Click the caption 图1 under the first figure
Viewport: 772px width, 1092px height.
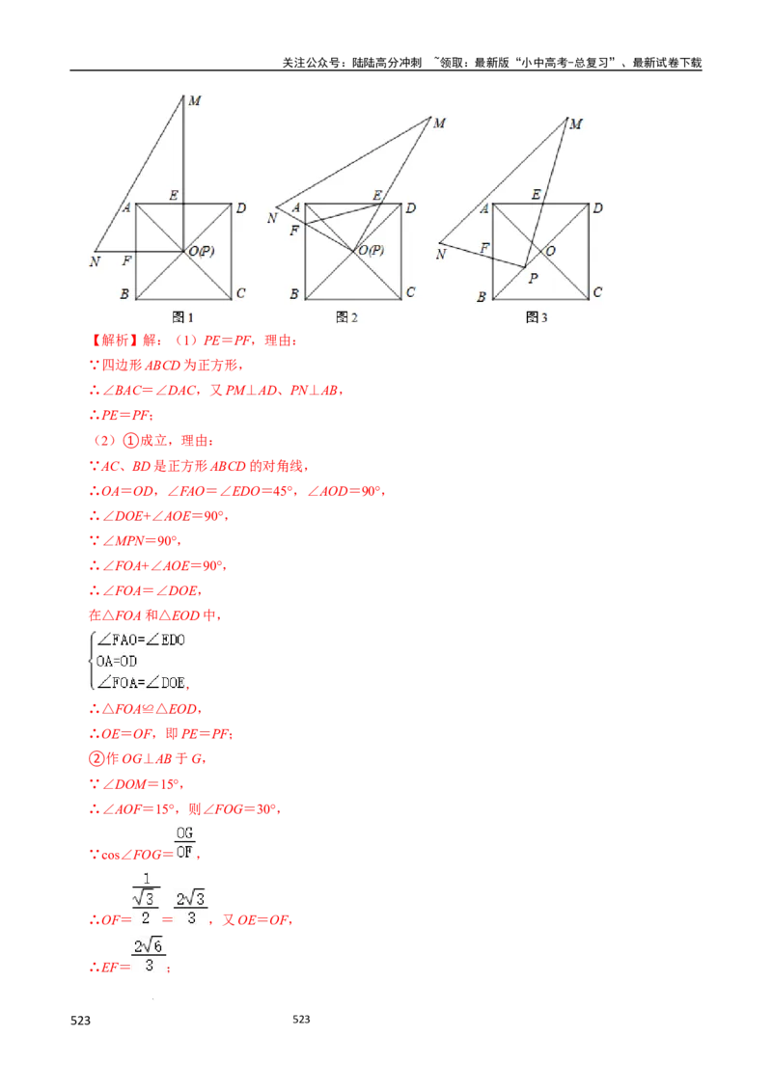point(183,317)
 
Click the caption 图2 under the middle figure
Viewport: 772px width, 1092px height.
point(347,317)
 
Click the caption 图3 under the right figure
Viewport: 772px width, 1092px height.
point(538,317)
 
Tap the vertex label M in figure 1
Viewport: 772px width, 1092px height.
point(194,100)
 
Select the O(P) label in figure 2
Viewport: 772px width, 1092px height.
point(372,250)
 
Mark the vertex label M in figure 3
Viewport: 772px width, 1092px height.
point(576,123)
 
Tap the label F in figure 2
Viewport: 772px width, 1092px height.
point(293,232)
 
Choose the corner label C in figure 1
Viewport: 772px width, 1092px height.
point(240,293)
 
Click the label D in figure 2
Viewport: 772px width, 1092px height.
point(410,207)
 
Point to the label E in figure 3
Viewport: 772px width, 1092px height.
point(536,195)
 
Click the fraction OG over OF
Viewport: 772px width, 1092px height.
point(184,841)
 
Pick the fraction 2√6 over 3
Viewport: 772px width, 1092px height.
point(147,958)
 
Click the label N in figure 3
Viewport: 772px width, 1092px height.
point(440,254)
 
